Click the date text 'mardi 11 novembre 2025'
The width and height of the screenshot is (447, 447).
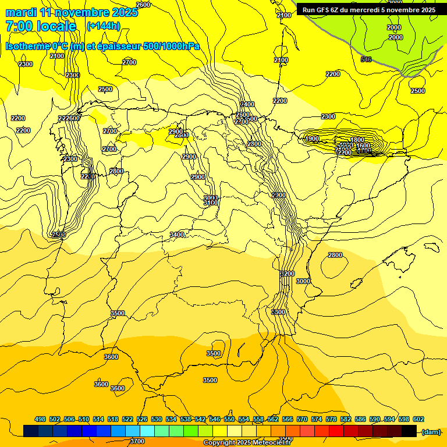[72, 12]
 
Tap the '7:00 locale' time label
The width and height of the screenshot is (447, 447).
[41, 26]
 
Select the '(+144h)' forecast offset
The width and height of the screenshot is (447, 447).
[103, 26]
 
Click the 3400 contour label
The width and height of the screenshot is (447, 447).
[177, 235]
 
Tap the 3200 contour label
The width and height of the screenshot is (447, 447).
[288, 274]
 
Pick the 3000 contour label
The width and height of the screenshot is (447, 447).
[303, 281]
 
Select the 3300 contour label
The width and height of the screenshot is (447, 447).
[279, 312]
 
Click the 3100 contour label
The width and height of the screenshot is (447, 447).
[211, 203]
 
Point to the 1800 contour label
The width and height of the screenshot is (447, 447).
[357, 140]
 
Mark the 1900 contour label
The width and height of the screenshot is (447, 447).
[312, 139]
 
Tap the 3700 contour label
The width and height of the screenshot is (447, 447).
[137, 441]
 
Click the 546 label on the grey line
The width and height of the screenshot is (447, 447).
[366, 59]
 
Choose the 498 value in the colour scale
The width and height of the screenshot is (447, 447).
[40, 419]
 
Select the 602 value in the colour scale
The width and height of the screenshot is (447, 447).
[418, 419]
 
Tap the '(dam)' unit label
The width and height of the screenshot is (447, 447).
[431, 431]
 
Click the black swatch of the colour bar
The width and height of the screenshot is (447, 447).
[409, 431]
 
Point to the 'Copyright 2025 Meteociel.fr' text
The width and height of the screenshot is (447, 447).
[247, 442]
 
